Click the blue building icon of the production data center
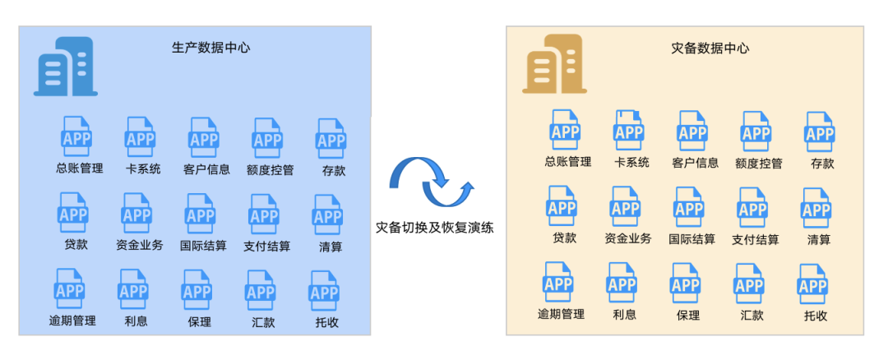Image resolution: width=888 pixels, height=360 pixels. point(65,67)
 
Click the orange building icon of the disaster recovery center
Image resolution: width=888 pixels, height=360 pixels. point(553,64)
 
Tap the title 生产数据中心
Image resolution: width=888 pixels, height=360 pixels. point(210,48)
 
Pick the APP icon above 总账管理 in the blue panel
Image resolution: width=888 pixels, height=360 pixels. point(76,136)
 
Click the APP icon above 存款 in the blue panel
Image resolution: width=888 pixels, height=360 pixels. point(331,138)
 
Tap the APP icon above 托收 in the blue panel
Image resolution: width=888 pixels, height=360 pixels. point(324,291)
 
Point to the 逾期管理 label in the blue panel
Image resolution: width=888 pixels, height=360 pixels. point(72,321)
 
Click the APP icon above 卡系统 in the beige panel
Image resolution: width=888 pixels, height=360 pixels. point(628,130)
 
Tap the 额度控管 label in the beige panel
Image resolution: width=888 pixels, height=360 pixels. point(758,163)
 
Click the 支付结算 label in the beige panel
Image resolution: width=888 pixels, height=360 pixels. point(755,239)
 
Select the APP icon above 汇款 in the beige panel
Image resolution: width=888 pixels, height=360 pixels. point(749,284)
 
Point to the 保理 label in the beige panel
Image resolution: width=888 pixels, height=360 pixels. point(687,315)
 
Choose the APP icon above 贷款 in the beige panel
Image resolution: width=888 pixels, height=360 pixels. point(562,206)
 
